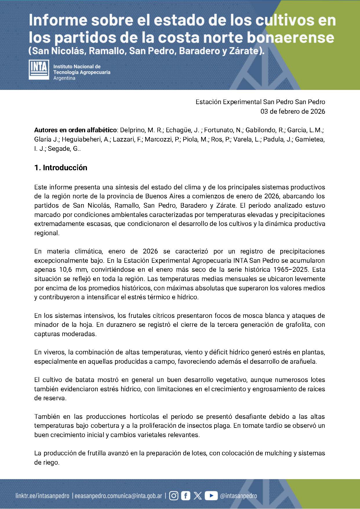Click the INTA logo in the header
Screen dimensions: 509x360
tap(39, 70)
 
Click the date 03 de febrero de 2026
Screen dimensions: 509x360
tap(293, 111)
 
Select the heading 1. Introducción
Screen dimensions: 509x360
tap(61, 168)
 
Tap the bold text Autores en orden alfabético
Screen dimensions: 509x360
tap(75, 130)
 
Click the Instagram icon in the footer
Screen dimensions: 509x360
tap(174, 496)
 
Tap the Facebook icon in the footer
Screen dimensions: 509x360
tap(186, 496)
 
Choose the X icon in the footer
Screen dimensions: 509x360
tap(198, 496)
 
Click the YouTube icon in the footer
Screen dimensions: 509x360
tap(211, 496)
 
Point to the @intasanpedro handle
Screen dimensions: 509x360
tap(239, 496)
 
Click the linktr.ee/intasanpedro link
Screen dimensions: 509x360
tap(42, 496)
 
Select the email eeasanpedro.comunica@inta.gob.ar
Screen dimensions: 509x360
tap(118, 496)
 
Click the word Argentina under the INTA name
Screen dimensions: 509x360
tap(64, 78)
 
